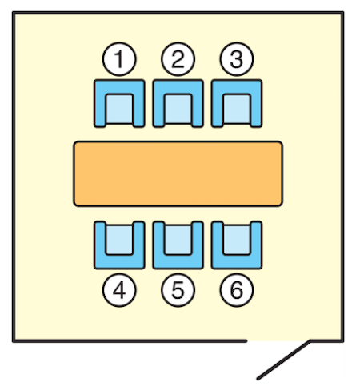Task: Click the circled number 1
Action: pos(119,59)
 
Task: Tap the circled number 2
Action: pos(178,59)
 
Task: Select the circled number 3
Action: pos(237,59)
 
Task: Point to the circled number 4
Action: pos(119,290)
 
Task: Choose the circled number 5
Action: pos(178,290)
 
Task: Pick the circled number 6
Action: pos(237,290)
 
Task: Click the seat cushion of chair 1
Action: pos(119,109)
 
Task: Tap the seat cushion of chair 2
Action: pos(178,109)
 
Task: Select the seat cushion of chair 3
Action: pos(237,109)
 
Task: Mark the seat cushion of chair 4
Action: pos(119,240)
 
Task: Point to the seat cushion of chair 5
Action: pos(178,240)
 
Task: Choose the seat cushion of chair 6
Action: pos(237,240)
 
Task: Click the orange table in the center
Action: pos(178,173)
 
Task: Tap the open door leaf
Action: pos(284,360)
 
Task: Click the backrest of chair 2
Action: pos(178,86)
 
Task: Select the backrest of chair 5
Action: pos(178,262)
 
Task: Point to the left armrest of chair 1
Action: pos(100,103)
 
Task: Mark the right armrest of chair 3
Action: pos(256,103)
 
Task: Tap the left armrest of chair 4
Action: pos(100,245)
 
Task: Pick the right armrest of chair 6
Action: pos(256,245)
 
